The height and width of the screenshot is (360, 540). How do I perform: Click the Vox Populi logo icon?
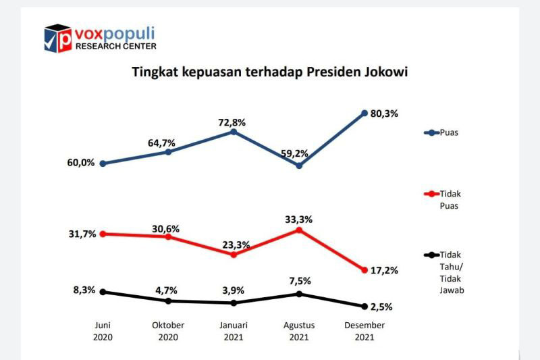tap(58, 38)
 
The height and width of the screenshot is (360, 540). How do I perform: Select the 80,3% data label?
tap(385, 113)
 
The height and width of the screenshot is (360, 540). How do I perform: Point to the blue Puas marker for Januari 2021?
tap(234, 132)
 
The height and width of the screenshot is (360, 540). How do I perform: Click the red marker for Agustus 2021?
tap(299, 230)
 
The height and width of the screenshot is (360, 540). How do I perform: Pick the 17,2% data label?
tap(385, 270)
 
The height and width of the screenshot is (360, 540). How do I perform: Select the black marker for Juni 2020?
tap(103, 292)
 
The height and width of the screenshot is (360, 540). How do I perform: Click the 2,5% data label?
tap(383, 307)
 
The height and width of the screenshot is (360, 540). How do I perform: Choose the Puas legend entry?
tap(446, 132)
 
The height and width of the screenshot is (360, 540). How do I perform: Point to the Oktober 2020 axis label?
tap(168, 331)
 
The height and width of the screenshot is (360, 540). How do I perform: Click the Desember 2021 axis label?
tap(364, 331)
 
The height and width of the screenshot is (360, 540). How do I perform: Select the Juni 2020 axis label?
tap(103, 331)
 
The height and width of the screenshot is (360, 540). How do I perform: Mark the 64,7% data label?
tap(162, 143)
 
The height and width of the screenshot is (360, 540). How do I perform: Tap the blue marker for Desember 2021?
tap(364, 113)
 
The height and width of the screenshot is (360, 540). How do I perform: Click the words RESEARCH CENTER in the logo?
tap(115, 47)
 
